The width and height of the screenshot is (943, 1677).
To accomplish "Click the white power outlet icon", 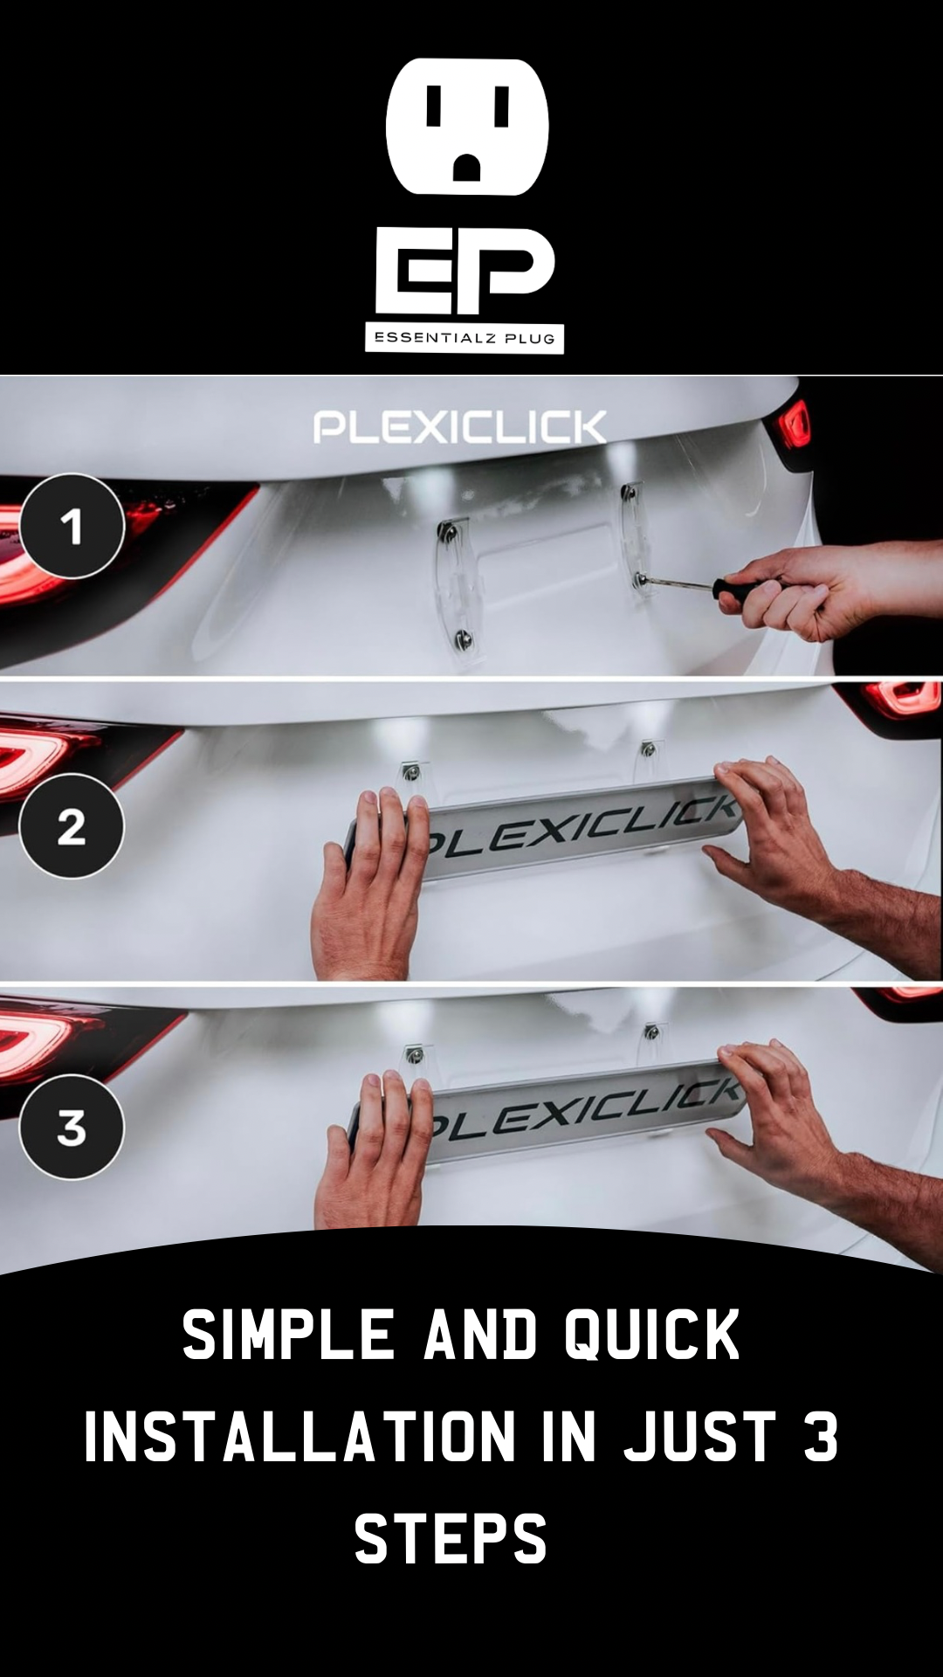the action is coord(467,127).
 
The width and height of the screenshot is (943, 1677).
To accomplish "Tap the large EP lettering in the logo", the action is coord(465,272).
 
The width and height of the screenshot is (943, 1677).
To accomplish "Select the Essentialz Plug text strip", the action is coord(465,338).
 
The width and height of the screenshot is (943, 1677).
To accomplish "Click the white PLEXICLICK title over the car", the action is coord(459,427).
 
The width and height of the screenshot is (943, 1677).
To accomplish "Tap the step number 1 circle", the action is coord(72,526).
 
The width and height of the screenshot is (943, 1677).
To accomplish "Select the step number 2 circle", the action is coord(72,826).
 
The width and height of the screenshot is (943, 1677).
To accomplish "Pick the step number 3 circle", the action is coord(72,1127).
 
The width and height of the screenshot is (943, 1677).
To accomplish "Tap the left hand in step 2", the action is coord(371,882).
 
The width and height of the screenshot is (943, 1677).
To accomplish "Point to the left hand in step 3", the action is coord(375,1153).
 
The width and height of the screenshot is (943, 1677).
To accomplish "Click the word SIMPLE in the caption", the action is coord(288,1335).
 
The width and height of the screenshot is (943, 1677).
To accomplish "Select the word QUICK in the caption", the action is coord(652,1335).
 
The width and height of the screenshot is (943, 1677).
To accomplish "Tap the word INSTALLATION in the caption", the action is coord(300,1437).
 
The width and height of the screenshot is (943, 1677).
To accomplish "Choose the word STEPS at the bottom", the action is coord(451,1539).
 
